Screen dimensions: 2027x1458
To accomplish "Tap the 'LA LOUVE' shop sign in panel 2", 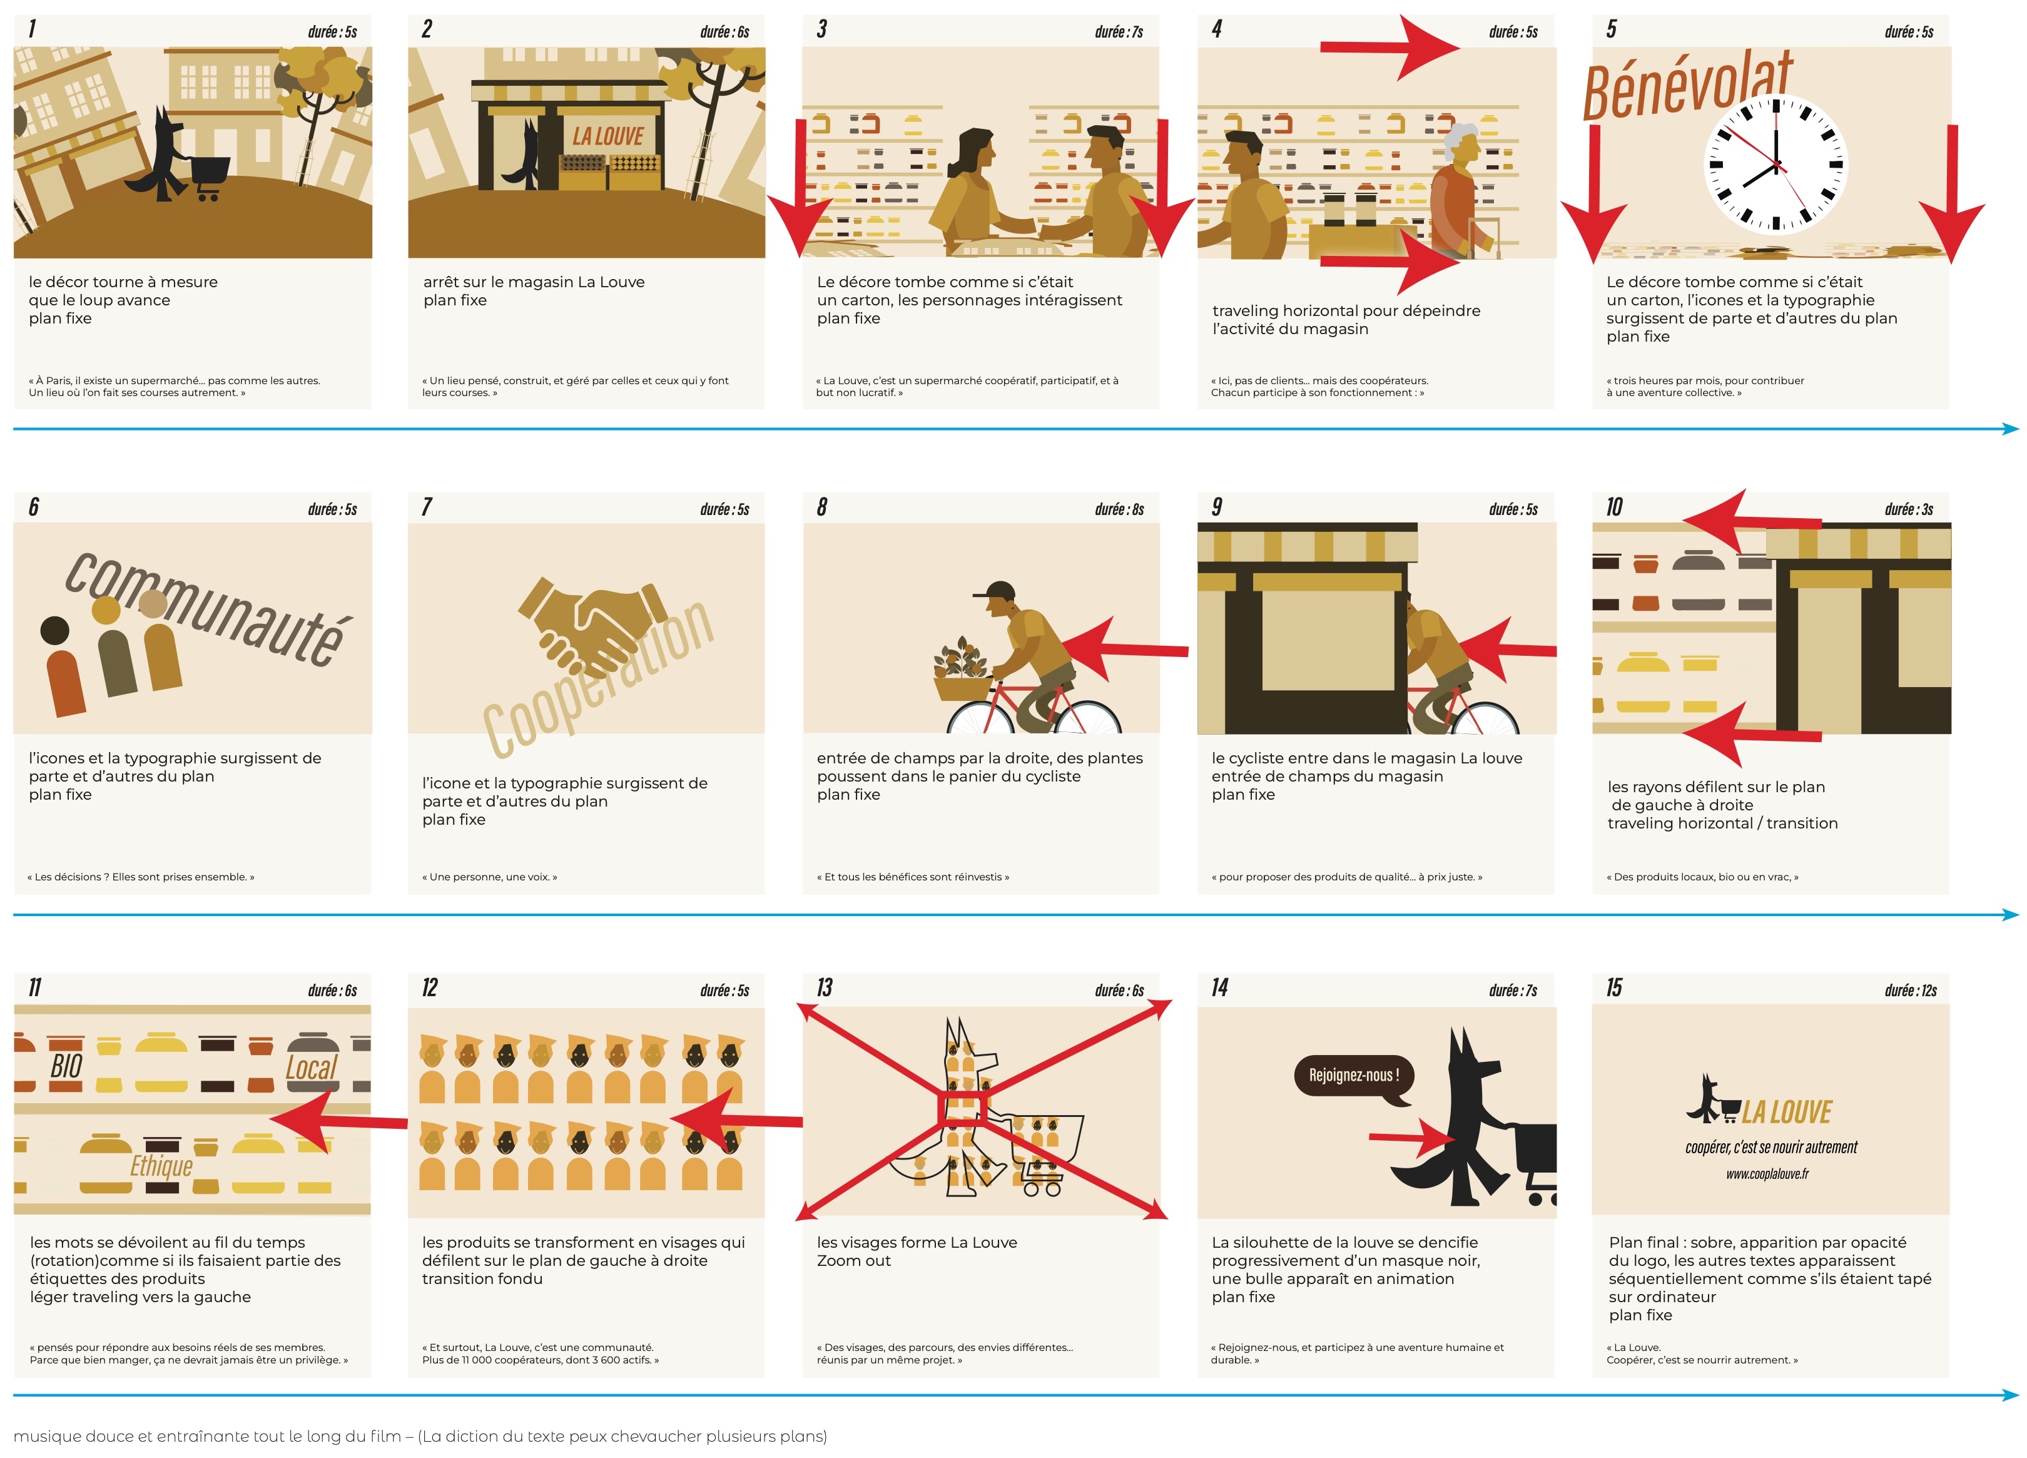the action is click(607, 136).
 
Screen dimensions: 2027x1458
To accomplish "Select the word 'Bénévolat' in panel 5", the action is click(1687, 85).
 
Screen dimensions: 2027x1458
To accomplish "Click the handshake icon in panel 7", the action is click(592, 626).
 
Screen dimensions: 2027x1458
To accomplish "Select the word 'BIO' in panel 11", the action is click(66, 1066).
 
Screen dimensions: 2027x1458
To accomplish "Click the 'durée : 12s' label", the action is click(1911, 991).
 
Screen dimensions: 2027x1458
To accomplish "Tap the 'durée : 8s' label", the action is click(1119, 509).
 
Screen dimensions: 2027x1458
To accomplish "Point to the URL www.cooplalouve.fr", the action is click(1767, 1174).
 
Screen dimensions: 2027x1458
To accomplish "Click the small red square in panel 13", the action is click(961, 1110).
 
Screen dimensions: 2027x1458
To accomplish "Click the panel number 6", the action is click(34, 507).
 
